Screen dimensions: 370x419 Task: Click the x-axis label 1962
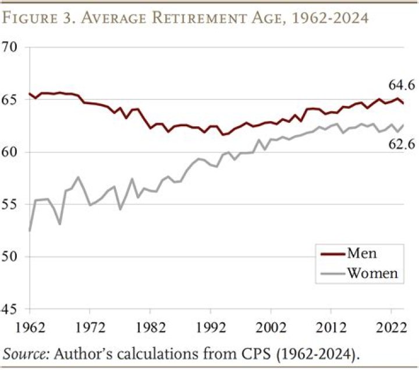[x=29, y=327]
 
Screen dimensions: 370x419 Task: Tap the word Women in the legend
[x=372, y=273]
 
